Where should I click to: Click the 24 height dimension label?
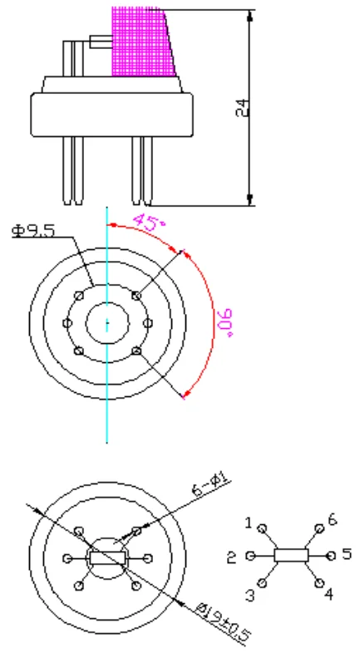tap(243, 107)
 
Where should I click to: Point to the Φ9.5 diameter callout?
tap(33, 230)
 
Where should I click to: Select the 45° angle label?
tap(149, 222)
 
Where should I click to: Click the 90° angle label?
tap(224, 323)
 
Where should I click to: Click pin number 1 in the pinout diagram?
tap(249, 523)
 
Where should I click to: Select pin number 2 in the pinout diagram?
tap(232, 557)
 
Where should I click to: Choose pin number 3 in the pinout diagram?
tap(250, 596)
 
